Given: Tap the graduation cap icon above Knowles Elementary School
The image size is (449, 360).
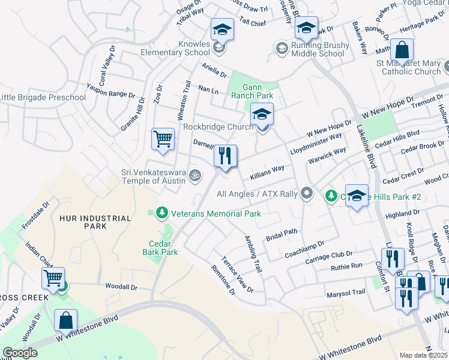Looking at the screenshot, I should (221, 29).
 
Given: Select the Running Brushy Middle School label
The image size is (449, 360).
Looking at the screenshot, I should (318, 49).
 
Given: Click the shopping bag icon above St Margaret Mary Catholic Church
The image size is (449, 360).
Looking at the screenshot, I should (402, 49).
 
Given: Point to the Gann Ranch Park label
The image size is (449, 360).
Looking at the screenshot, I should (253, 91).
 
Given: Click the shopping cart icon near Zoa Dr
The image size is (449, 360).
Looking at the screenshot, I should (163, 139).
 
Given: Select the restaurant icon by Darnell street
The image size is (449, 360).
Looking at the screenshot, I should (226, 157).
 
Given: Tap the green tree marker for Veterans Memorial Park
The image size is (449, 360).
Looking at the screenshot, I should (161, 213).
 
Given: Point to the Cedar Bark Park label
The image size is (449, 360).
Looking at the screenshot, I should (163, 248).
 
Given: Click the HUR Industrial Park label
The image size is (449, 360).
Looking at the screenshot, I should (95, 222).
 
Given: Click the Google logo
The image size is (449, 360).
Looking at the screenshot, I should (20, 353).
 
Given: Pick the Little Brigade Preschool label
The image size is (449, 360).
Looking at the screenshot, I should (43, 97).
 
